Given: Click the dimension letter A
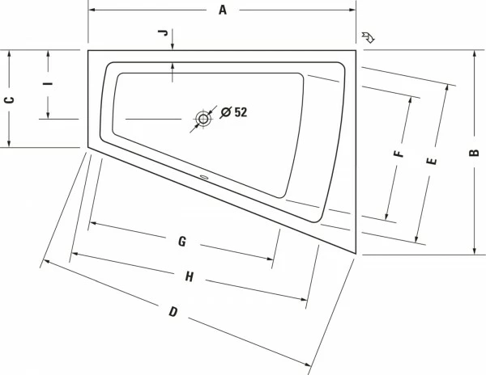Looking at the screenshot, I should tap(221, 10).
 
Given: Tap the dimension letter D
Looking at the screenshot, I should tap(173, 312).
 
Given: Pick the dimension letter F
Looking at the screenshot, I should tap(397, 154).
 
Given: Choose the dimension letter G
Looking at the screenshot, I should tap(182, 241).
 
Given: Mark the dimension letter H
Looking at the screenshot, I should tap(189, 276).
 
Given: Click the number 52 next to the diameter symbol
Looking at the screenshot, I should tap(241, 112).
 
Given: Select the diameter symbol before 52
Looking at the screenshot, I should tap(225, 112).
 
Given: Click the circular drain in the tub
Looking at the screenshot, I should tap(202, 119).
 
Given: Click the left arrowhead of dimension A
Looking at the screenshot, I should tap(91, 11).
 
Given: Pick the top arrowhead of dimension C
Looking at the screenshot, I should tap(9, 53).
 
